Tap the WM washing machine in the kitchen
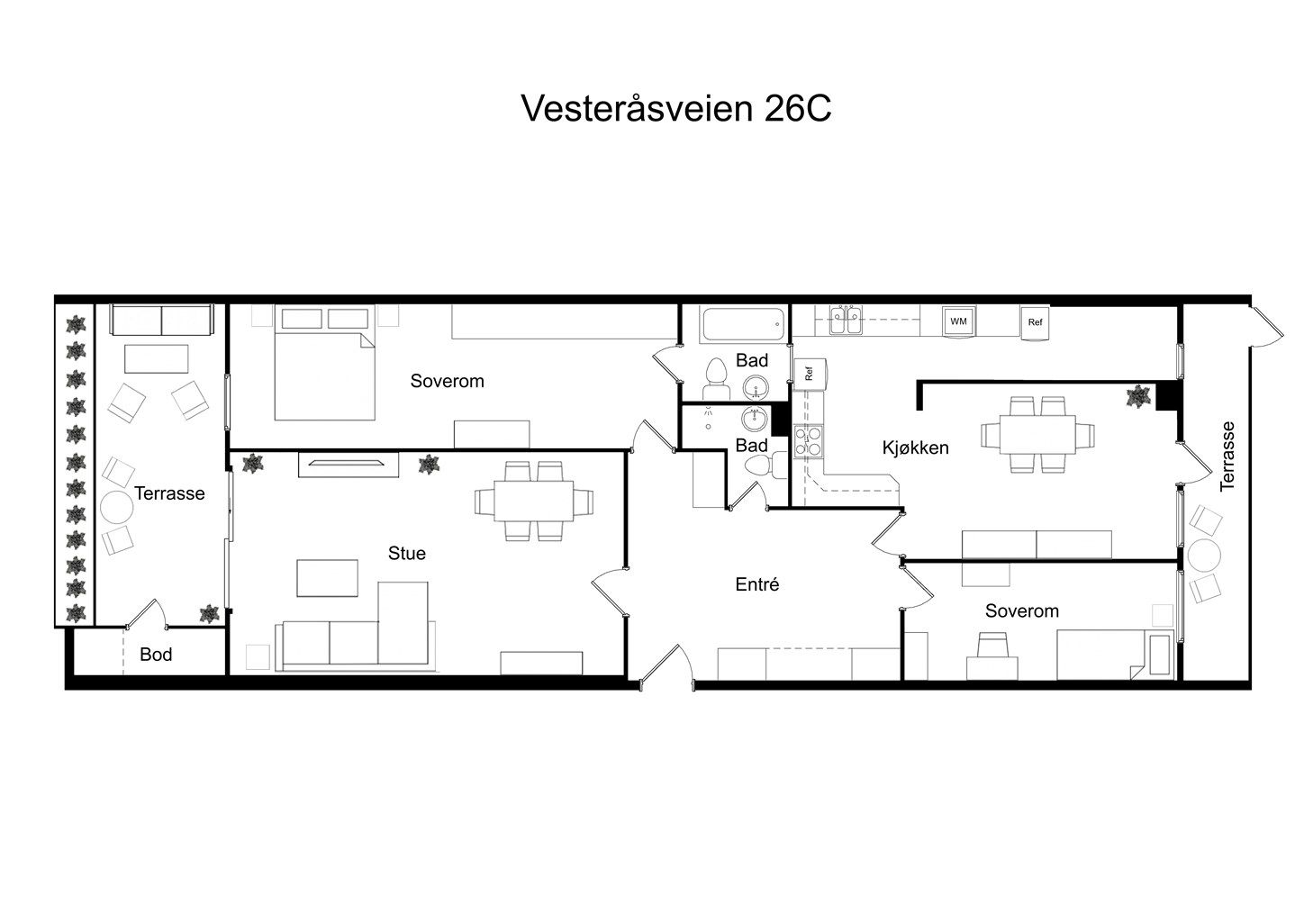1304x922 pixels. coord(957,321)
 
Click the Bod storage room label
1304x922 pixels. coord(156,655)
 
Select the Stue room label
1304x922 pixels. coord(406,553)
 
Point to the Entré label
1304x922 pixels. coord(756,584)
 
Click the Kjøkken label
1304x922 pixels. coord(915,447)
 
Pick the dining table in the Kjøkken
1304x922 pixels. coord(1039,434)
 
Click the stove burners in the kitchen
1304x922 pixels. coord(808,440)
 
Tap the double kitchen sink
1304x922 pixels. coord(844,321)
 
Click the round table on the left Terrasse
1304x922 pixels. coord(116,508)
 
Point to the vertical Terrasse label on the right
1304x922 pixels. coord(1227,456)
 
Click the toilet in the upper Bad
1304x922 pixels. coord(716,375)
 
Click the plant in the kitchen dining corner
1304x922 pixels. coord(1139,396)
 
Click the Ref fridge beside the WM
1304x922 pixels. coord(1035,322)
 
